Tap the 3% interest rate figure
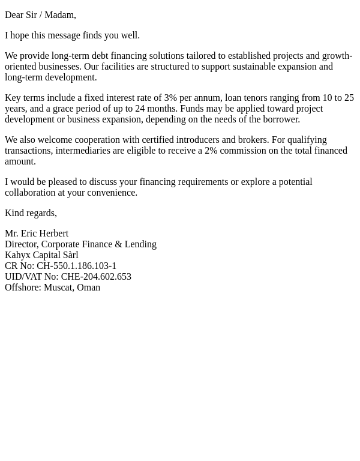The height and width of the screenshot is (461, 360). [170, 98]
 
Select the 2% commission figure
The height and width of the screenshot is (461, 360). [211, 151]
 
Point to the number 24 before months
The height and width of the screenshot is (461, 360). [140, 109]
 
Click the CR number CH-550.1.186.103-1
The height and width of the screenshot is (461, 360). [76, 266]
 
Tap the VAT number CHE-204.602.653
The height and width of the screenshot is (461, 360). [96, 277]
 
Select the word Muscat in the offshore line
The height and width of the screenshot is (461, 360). [58, 288]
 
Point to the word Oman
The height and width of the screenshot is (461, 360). [88, 288]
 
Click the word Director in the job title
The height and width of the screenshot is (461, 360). [20, 244]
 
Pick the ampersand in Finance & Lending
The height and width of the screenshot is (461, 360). [118, 244]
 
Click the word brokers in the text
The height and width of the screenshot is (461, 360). [254, 140]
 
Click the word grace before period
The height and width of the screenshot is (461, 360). [65, 109]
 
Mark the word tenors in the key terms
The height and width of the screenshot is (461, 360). [256, 98]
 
